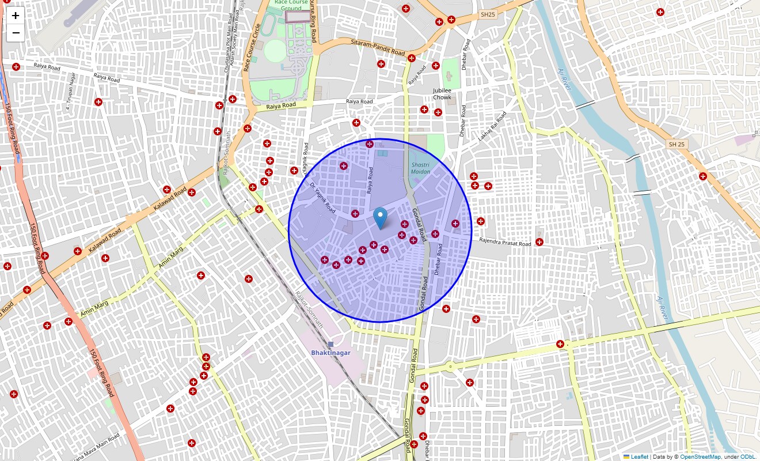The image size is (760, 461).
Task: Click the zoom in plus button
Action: (x=16, y=16)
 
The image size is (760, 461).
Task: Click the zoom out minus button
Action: (x=16, y=33)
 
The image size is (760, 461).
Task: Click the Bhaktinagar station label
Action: (x=330, y=353)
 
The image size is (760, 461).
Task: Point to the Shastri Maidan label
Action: (x=420, y=168)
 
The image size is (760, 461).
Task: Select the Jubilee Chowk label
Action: (x=442, y=94)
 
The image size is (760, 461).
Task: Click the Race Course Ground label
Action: (x=291, y=5)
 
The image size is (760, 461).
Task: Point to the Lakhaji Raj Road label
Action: (x=492, y=126)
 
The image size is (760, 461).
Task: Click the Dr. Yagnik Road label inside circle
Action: (x=322, y=198)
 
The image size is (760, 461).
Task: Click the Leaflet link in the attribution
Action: (x=639, y=457)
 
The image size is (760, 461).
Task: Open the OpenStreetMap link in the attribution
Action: (x=700, y=457)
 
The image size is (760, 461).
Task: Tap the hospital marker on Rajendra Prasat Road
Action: (x=539, y=242)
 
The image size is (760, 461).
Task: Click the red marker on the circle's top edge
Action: (x=370, y=144)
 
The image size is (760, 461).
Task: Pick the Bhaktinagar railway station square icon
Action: (x=330, y=344)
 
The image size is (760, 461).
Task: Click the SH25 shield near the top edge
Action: (x=488, y=14)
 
